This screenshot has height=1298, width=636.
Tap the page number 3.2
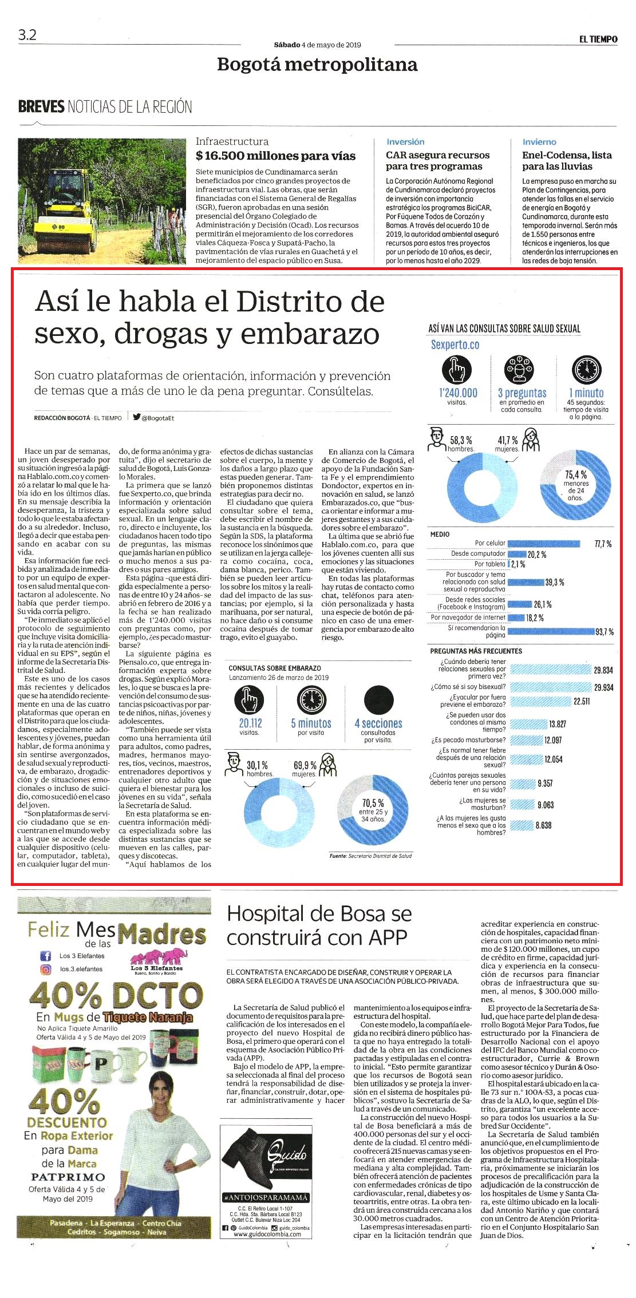pyautogui.click(x=27, y=35)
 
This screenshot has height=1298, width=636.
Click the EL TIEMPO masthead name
pyautogui.click(x=598, y=39)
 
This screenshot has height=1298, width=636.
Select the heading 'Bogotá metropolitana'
pyautogui.click(x=317, y=64)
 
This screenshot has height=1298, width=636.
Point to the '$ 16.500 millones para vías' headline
pyautogui.click(x=275, y=156)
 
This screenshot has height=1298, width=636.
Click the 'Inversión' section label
pyautogui.click(x=405, y=142)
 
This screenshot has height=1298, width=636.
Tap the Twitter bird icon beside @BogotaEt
pyautogui.click(x=137, y=417)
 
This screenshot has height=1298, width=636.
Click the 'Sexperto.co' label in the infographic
pyautogui.click(x=455, y=345)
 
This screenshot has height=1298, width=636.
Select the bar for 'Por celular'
pyautogui.click(x=544, y=544)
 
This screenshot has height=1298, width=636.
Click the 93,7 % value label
pyautogui.click(x=605, y=632)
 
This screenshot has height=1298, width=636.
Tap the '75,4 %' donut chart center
pyautogui.click(x=575, y=485)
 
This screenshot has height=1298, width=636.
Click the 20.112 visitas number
pyautogui.click(x=250, y=723)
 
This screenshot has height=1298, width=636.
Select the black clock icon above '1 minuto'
pyautogui.click(x=587, y=370)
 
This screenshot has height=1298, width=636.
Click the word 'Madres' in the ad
pyautogui.click(x=161, y=935)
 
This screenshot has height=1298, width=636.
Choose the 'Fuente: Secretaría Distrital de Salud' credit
pyautogui.click(x=370, y=856)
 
